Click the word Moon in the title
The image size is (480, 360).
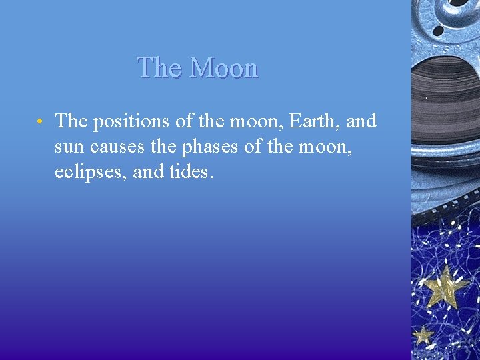click(x=223, y=68)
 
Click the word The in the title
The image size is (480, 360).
click(x=160, y=68)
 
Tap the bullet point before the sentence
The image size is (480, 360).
click(x=41, y=122)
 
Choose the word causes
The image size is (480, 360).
click(x=117, y=147)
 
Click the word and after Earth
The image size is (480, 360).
click(x=361, y=121)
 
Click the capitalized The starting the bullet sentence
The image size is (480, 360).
click(x=71, y=121)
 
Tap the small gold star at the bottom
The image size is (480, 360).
click(x=423, y=335)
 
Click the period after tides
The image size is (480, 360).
click(x=212, y=178)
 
